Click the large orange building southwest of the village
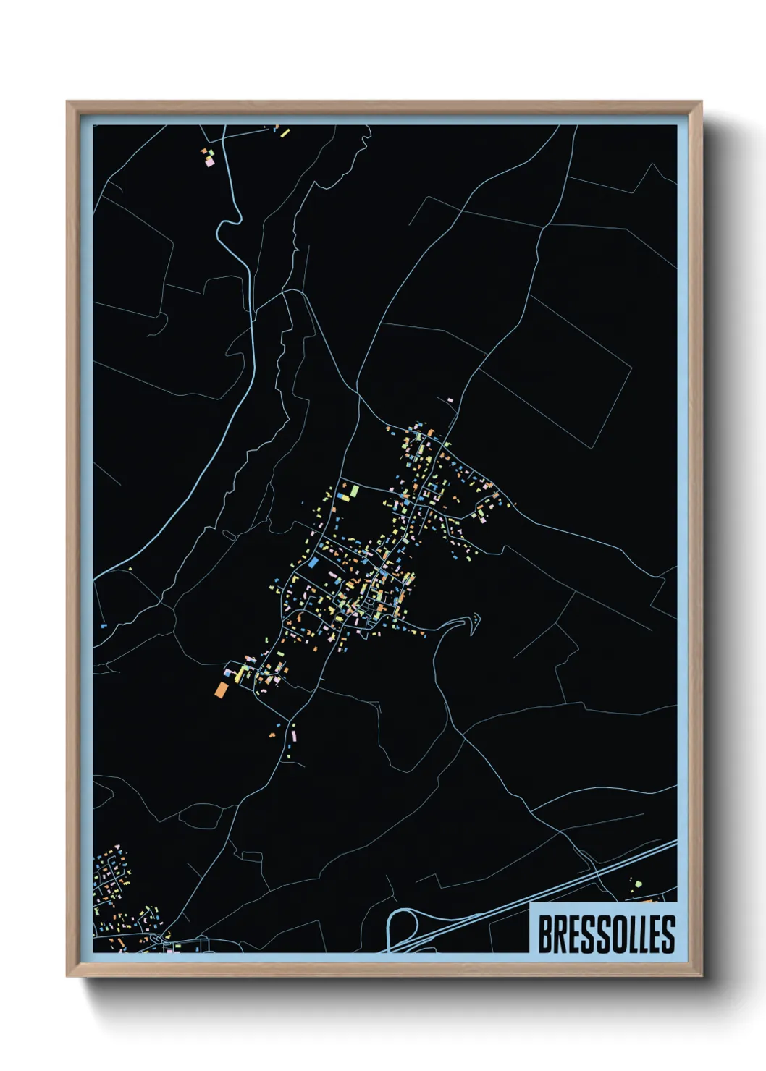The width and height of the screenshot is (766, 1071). pyautogui.click(x=221, y=690)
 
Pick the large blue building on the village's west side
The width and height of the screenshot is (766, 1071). pyautogui.click(x=313, y=562)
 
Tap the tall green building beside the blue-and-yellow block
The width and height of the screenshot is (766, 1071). pyautogui.click(x=355, y=491)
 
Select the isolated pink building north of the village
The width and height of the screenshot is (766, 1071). pyautogui.click(x=450, y=399)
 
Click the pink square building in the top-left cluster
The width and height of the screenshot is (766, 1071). pyautogui.click(x=210, y=163)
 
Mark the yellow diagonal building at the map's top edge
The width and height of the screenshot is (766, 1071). pyautogui.click(x=285, y=132)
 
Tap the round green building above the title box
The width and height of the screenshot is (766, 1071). pyautogui.click(x=638, y=884)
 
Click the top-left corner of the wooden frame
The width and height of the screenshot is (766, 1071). pyautogui.click(x=67, y=103)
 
